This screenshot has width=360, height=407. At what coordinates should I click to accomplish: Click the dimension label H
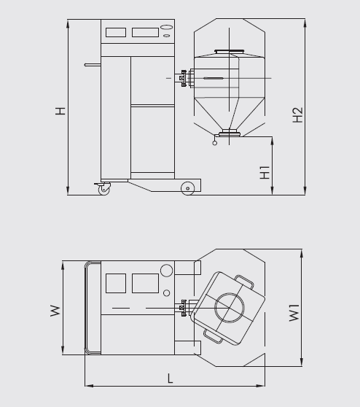click(60, 111)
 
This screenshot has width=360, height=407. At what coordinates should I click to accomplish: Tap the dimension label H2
click(298, 115)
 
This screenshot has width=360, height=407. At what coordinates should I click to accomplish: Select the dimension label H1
click(265, 172)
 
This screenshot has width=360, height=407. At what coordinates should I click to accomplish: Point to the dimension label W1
click(294, 313)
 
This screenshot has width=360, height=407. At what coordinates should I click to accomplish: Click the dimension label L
click(170, 379)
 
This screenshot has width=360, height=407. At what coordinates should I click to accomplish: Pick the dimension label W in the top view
click(55, 311)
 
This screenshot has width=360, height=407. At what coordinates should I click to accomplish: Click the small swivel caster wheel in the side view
click(104, 190)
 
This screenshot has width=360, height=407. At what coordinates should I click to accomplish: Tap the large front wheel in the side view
click(187, 188)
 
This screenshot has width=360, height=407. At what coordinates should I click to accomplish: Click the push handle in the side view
click(93, 65)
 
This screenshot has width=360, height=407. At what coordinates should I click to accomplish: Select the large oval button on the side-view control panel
click(166, 27)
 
